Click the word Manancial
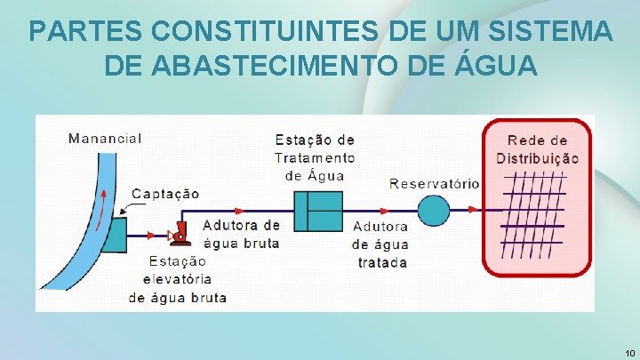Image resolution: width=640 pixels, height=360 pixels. [105, 139]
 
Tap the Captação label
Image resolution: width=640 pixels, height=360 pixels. [165, 194]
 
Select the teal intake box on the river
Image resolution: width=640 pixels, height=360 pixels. [115, 235]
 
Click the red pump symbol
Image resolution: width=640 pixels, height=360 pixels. [181, 235]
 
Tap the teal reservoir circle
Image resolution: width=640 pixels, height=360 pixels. [434, 211]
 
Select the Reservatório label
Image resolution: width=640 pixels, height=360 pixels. [434, 183]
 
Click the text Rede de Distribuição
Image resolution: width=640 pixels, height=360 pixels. [537, 149]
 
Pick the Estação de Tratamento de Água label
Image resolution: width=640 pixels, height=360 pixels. [315, 157]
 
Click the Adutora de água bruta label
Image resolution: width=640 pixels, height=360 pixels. [241, 234]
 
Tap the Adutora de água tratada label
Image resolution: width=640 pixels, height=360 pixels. [381, 244]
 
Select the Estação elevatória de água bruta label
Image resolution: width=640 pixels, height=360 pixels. [177, 279]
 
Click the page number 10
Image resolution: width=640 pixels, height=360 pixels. [628, 353]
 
